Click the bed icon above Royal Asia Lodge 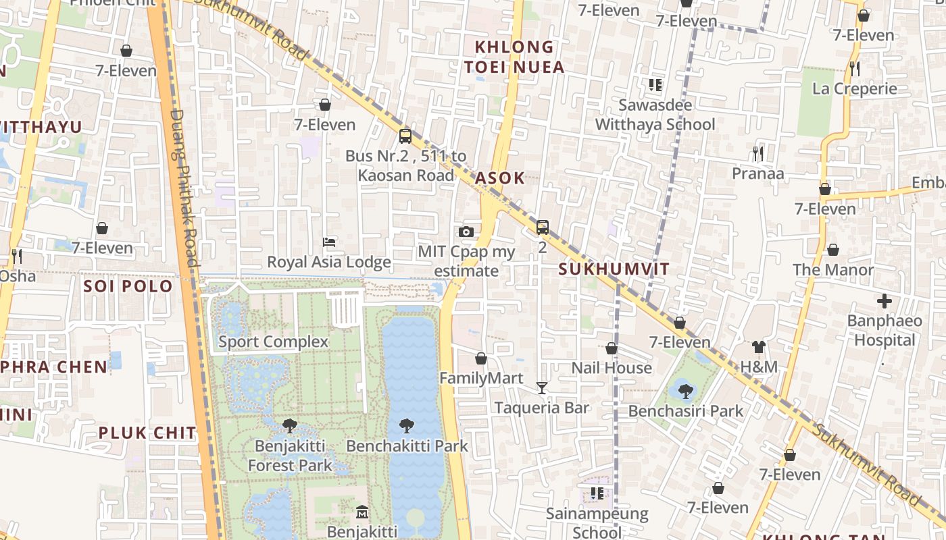pos(329,242)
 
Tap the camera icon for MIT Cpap pos(466,232)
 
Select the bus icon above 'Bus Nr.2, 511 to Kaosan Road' pos(405,136)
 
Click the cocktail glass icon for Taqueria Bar pos(541,387)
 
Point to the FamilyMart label pos(481,378)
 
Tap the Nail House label pos(612,368)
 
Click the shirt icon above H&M pos(759,347)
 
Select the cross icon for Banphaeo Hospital pos(885,301)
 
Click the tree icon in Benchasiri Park pos(686,391)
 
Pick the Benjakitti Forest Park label pos(290,456)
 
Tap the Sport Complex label pos(273,342)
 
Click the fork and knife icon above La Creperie pos(854,68)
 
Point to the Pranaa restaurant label pos(758,173)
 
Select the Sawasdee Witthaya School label pos(655,115)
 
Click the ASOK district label pos(499,178)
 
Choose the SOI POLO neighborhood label pos(128,286)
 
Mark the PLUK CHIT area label pos(147,433)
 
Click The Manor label pos(833,270)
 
